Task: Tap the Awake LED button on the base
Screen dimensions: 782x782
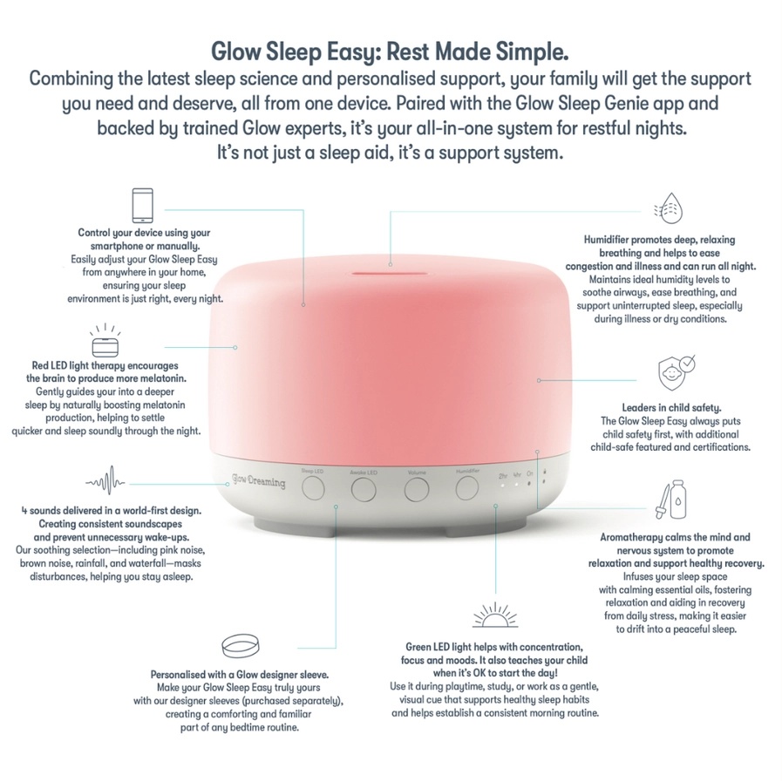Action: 364,490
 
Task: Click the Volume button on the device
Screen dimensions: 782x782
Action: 417,490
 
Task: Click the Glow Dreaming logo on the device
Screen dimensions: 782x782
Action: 258,480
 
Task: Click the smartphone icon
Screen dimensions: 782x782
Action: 143,206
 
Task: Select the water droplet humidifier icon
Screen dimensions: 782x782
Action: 669,208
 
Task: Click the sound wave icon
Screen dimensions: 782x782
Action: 105,480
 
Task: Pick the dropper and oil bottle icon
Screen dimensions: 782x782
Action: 671,500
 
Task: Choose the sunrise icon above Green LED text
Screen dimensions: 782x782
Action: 494,615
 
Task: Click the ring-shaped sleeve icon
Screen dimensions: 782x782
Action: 241,646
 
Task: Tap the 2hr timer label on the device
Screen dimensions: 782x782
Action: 503,476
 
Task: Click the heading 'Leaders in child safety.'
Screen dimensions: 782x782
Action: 671,407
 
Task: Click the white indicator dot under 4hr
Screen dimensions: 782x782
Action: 516,484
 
